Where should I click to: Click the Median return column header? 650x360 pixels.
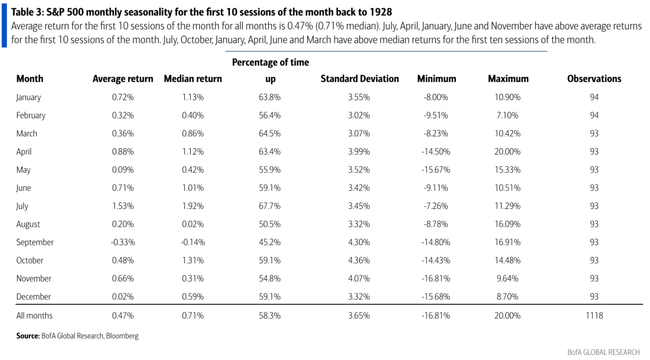coord(193,79)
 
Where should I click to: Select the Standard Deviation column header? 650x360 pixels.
coord(360,79)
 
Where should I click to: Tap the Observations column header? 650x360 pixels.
coord(594,79)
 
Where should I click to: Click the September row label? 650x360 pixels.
coord(35,243)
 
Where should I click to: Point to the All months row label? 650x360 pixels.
coord(34,316)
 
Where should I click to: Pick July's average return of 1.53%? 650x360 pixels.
coord(123,206)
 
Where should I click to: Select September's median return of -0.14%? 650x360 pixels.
coord(193,243)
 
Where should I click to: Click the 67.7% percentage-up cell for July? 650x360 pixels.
coord(270,206)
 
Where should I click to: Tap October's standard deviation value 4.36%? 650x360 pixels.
coord(359,260)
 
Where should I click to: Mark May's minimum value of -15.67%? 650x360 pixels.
coord(436,170)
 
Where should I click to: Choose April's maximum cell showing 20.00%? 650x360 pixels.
coord(508,152)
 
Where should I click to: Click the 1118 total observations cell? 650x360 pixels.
coord(594,316)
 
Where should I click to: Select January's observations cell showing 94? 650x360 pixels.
coord(594,97)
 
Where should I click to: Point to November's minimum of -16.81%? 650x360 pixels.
coord(436,279)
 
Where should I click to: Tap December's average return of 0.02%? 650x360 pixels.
coord(123,296)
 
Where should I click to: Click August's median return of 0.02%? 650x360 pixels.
coord(193,224)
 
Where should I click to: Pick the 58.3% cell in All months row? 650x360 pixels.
coord(270,316)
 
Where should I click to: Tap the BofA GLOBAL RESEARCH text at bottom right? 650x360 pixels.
coord(603,352)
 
